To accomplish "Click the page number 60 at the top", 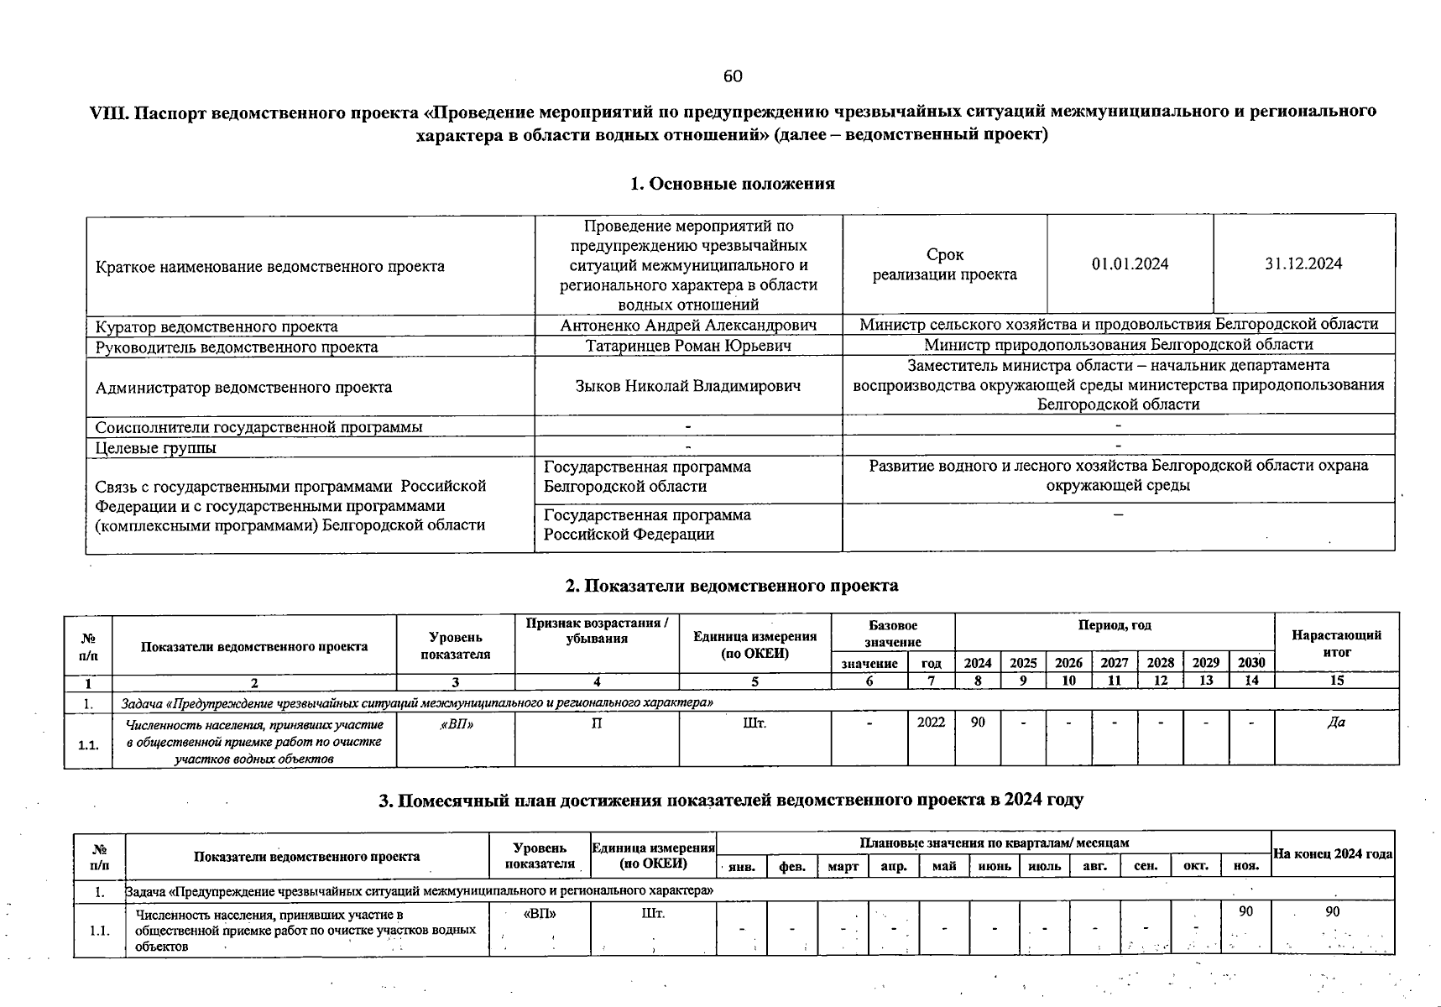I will pyautogui.click(x=733, y=76).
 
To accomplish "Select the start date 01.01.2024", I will pyautogui.click(x=1130, y=263).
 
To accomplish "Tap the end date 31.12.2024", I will pyautogui.click(x=1303, y=263).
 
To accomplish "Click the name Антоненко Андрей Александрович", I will pyautogui.click(x=688, y=325).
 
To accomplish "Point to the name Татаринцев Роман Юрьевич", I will pyautogui.click(x=688, y=345).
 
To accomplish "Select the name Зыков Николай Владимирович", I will pyautogui.click(x=688, y=386).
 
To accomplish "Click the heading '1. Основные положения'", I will pyautogui.click(x=732, y=184).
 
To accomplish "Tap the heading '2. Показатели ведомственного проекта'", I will pyautogui.click(x=732, y=585).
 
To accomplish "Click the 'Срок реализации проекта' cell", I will pyautogui.click(x=944, y=264).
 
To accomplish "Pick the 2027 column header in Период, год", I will pyautogui.click(x=1114, y=662).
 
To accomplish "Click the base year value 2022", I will pyautogui.click(x=931, y=723).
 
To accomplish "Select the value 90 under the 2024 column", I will pyautogui.click(x=978, y=723).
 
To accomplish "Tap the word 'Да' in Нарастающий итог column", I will pyautogui.click(x=1336, y=723).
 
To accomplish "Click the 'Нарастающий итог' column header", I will pyautogui.click(x=1336, y=643).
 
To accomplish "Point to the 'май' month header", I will pyautogui.click(x=944, y=866).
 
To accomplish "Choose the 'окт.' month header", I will pyautogui.click(x=1195, y=866).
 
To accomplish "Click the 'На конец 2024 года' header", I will pyautogui.click(x=1333, y=854).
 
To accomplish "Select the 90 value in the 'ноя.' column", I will pyautogui.click(x=1246, y=911).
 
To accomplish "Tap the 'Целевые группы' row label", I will pyautogui.click(x=155, y=447).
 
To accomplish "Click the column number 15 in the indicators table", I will pyautogui.click(x=1336, y=681).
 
